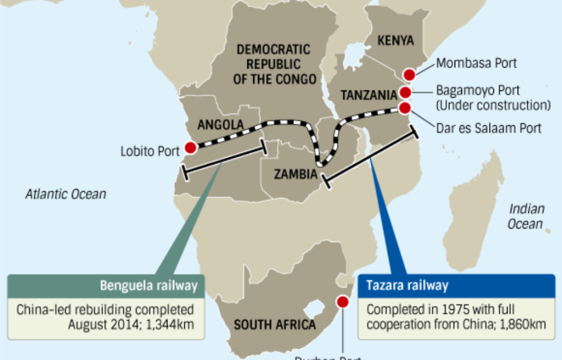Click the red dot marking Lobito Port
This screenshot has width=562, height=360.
190,148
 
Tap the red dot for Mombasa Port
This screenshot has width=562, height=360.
409,75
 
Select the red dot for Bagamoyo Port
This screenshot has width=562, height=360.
405,93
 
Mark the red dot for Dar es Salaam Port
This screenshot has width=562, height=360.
405,107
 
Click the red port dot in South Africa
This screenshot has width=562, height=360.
342,302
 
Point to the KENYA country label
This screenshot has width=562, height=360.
396,41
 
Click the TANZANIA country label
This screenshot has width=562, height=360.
368,95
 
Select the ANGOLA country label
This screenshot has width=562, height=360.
220,125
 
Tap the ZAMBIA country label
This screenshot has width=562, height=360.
296,175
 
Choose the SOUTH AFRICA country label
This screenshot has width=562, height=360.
275,325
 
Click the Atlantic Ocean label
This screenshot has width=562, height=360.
66,194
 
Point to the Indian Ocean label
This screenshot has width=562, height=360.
526,216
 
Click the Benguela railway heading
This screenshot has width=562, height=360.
149,286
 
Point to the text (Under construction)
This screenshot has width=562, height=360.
493,105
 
